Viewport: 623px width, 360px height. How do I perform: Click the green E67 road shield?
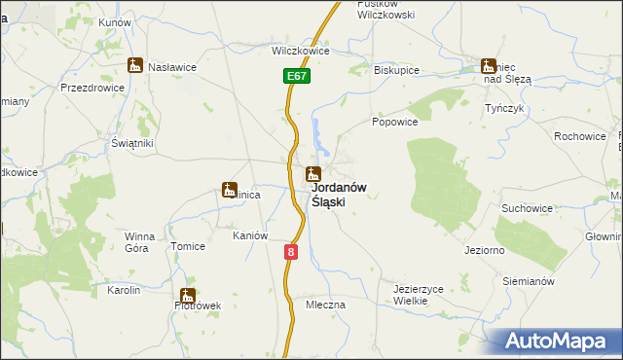(298, 75)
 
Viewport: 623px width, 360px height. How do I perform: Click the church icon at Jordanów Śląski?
(313, 175)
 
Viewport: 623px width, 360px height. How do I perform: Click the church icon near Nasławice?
(135, 66)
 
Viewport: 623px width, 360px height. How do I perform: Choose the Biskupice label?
(395, 71)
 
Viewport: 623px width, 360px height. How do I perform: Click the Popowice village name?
(395, 123)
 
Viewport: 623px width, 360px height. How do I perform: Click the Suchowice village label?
(527, 208)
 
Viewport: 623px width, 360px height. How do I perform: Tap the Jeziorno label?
(484, 251)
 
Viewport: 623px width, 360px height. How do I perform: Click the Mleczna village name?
(325, 305)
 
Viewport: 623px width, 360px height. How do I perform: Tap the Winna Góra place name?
(136, 242)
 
